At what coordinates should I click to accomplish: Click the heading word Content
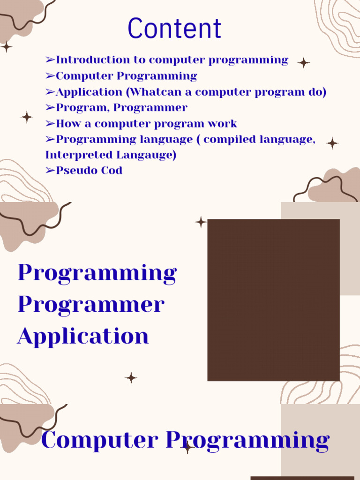pos(174,29)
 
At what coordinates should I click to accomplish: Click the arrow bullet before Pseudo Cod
pos(50,171)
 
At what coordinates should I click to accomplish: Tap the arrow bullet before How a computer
pos(50,124)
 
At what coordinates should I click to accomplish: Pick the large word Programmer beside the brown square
pos(91,305)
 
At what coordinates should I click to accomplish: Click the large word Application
pos(83,336)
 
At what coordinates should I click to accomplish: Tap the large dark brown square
pos(273,300)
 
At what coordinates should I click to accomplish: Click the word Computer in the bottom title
pos(99,440)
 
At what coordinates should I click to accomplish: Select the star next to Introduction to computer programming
pos(304,63)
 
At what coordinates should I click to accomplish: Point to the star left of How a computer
pos(27,117)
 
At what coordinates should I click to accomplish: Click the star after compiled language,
pos(332,143)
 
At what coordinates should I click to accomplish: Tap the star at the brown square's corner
pos(201,222)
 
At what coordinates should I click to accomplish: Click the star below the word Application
pos(131,378)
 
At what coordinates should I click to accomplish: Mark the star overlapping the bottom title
pos(188,448)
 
